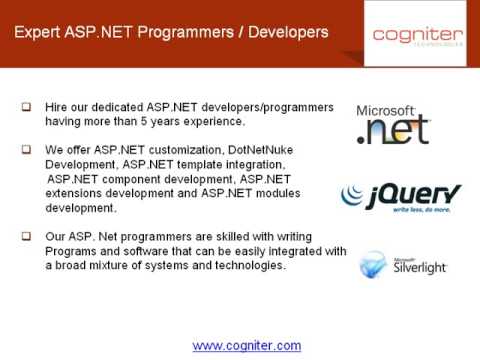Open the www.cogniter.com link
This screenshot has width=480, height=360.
(x=246, y=345)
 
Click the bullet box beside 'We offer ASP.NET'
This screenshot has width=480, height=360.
(x=25, y=149)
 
